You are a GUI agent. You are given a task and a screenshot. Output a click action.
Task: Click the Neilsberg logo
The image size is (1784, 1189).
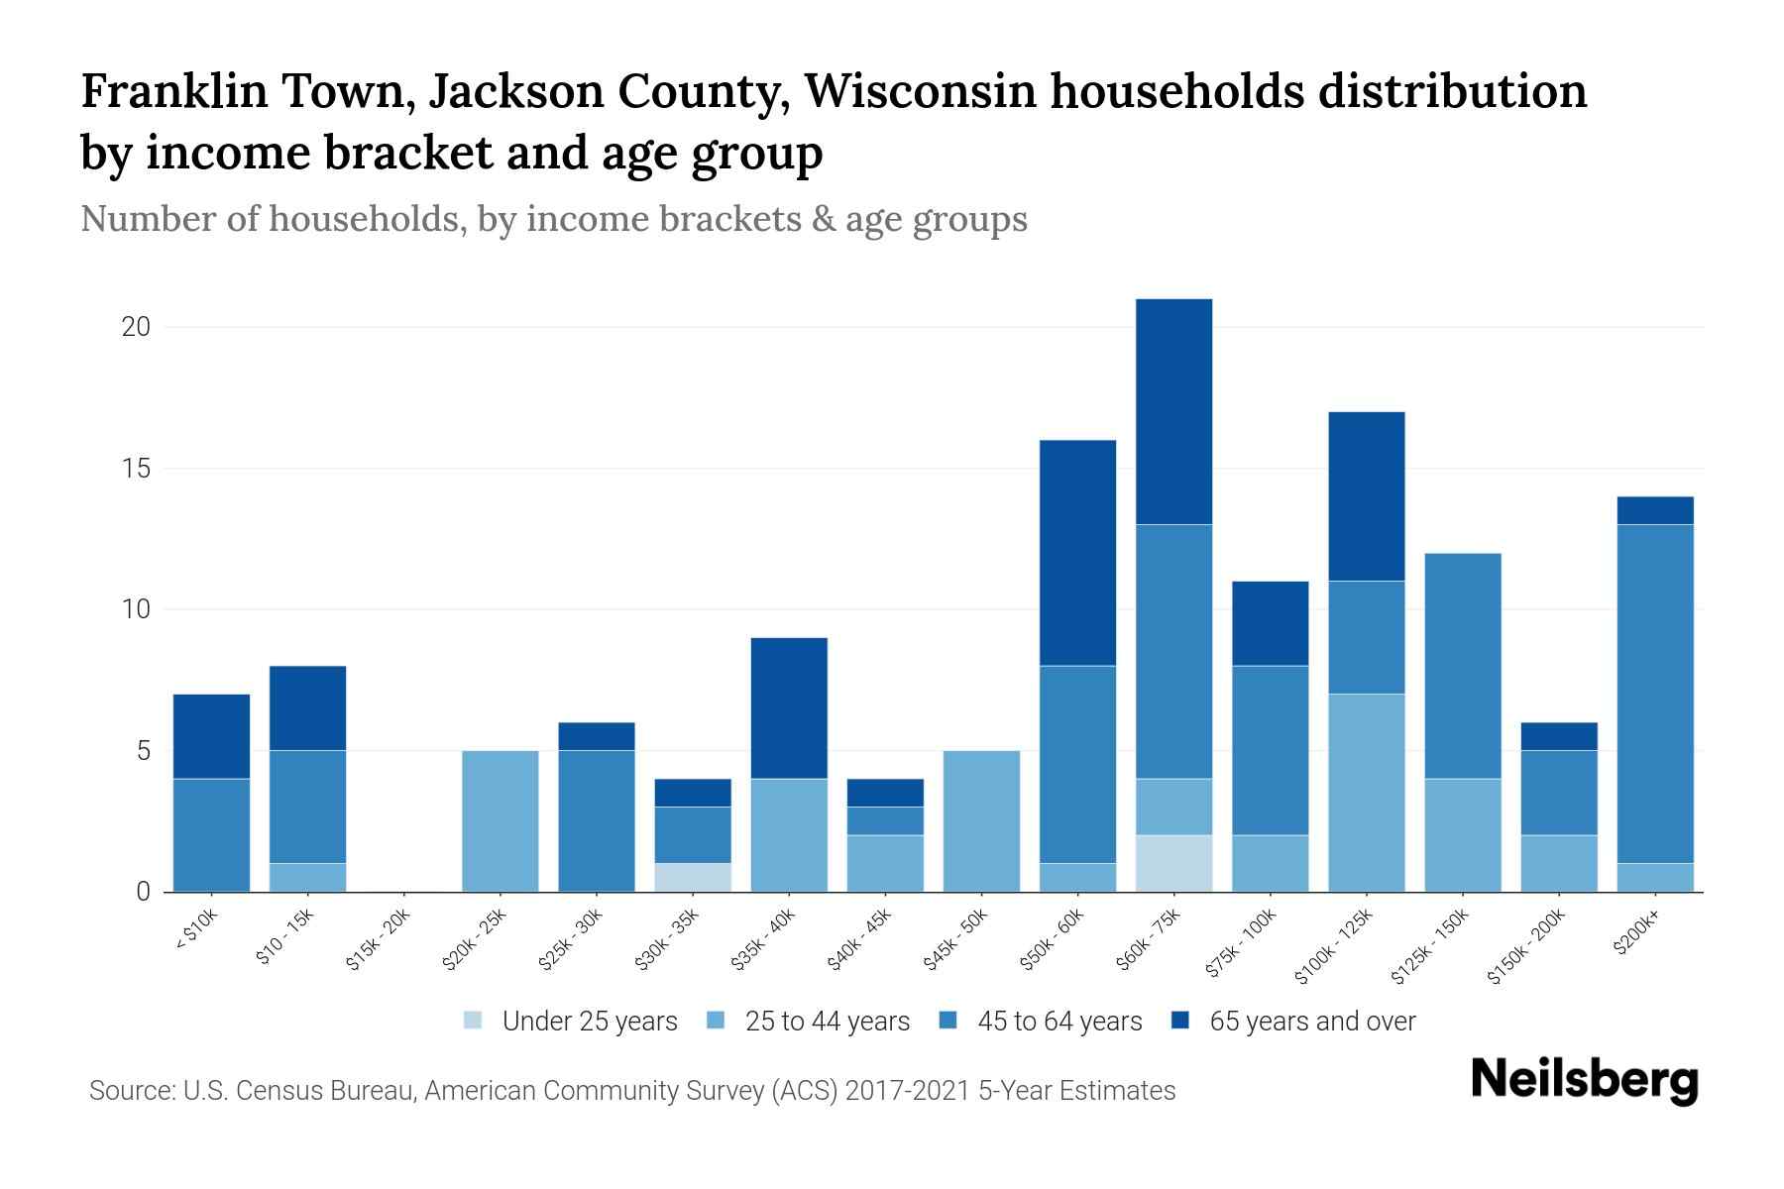[1584, 1079]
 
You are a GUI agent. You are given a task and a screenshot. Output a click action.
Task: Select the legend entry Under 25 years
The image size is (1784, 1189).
[589, 1022]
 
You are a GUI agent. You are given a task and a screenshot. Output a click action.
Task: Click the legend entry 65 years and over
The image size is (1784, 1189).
[1312, 1022]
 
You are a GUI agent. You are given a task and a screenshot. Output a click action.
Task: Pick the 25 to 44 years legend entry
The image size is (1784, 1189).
[827, 1022]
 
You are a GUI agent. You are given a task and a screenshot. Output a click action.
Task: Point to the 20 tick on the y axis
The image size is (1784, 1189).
[136, 327]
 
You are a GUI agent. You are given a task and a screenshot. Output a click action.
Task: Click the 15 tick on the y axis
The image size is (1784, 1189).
[136, 469]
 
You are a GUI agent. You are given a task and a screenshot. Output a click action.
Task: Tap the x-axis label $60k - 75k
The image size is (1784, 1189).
[1149, 941]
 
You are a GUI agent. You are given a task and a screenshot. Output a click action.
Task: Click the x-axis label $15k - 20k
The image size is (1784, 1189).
[379, 941]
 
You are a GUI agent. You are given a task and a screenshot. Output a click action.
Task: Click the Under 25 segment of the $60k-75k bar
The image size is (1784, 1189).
[1173, 863]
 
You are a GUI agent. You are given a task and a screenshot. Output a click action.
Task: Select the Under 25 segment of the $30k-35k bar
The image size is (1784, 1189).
[693, 877]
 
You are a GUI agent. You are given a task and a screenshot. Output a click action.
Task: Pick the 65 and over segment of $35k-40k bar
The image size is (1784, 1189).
[789, 707]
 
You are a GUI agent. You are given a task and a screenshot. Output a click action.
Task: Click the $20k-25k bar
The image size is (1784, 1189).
[501, 820]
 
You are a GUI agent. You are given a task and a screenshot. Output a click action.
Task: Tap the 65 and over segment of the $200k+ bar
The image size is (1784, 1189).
[1654, 510]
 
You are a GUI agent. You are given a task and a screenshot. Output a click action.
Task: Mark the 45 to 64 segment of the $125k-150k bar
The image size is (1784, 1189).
[1462, 666]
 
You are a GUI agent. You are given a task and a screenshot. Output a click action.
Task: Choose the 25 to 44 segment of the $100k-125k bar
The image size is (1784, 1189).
[1366, 793]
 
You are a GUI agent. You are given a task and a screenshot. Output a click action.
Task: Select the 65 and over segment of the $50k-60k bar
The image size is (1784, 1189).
[1077, 553]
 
